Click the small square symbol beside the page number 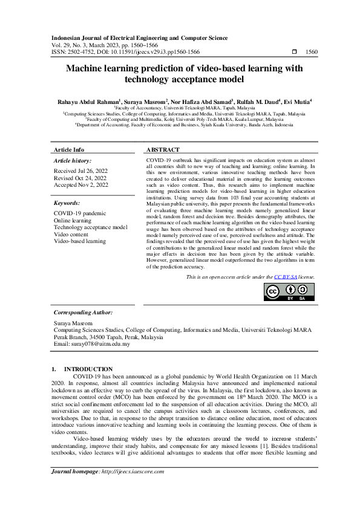point(294,53)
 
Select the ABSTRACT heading point(163,149)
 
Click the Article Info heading point(69,149)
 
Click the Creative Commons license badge point(289,291)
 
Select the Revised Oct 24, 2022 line point(76,178)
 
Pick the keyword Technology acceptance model point(90,227)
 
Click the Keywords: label point(67,204)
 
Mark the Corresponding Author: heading point(83,313)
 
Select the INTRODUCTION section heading point(88,368)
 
